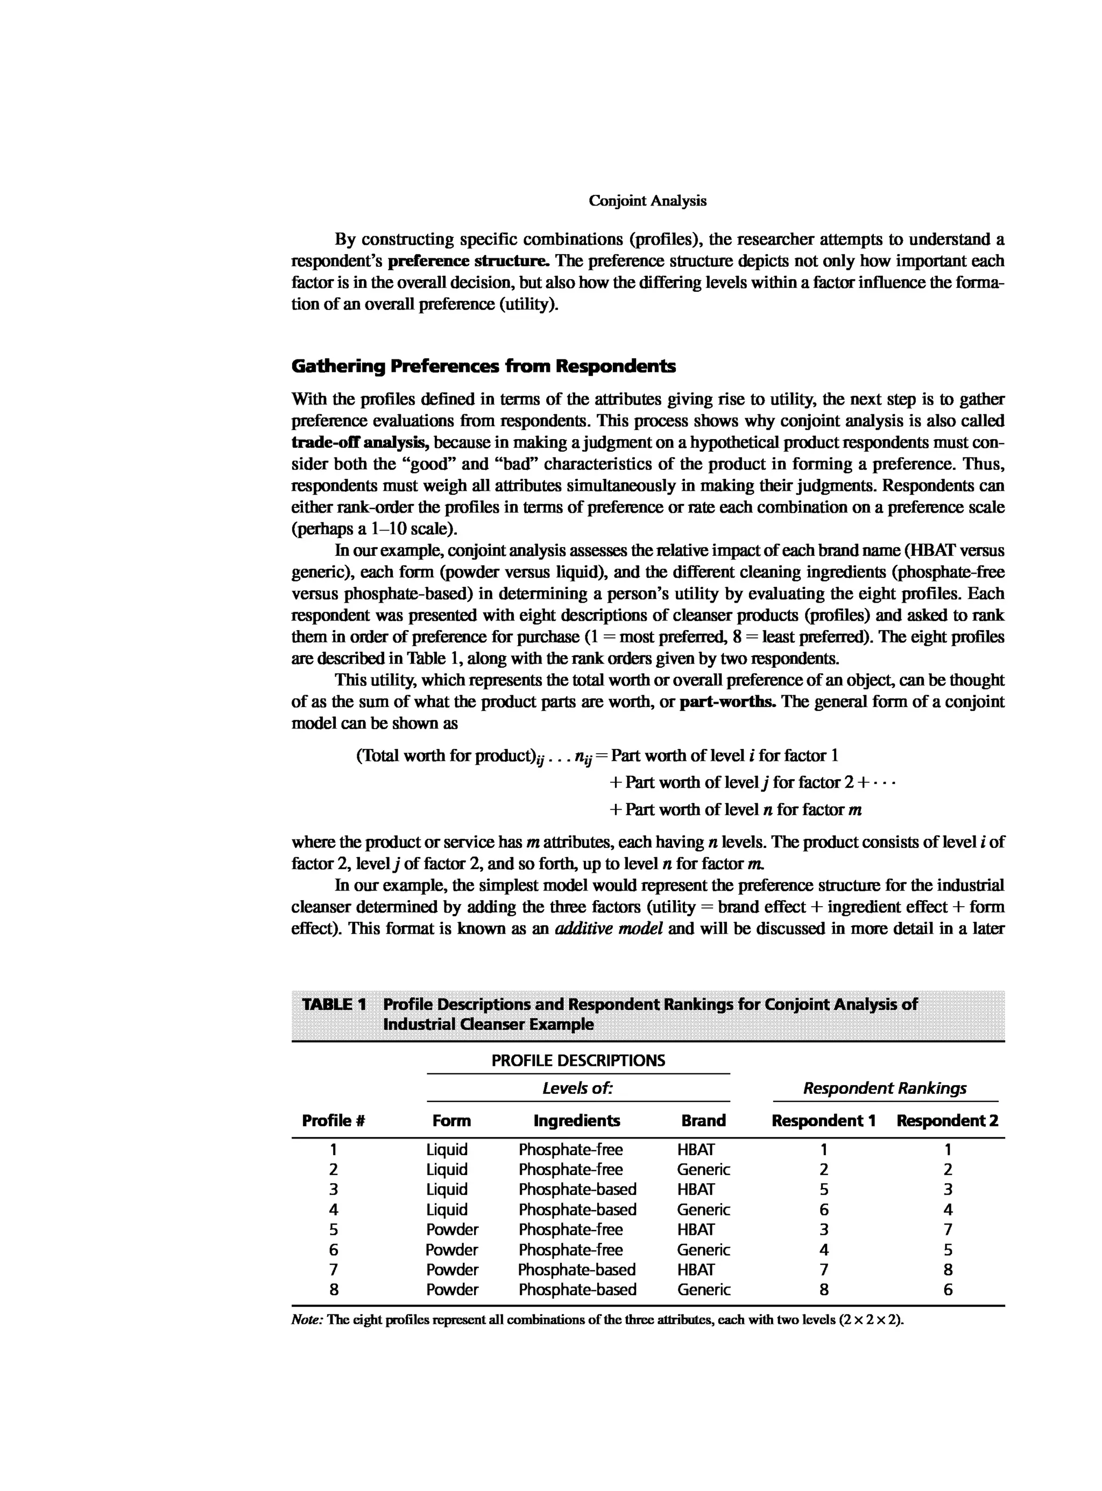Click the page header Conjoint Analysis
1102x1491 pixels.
[x=647, y=201]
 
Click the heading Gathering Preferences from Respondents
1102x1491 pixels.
[x=484, y=366]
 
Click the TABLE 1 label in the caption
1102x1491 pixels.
[x=334, y=1004]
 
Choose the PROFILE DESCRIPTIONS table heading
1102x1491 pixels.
[x=578, y=1061]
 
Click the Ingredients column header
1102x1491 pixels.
[x=576, y=1121]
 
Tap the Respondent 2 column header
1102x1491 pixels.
[x=947, y=1121]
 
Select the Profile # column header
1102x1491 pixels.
[x=334, y=1121]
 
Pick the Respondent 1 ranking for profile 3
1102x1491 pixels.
[x=824, y=1190]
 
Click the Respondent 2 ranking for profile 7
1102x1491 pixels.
[x=948, y=1269]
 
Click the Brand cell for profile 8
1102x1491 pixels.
[x=703, y=1290]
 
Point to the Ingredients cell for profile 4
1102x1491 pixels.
[x=577, y=1210]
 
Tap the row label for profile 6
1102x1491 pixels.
[x=334, y=1249]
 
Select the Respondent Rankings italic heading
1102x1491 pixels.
[x=885, y=1089]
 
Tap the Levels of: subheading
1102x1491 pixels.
[x=578, y=1089]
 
